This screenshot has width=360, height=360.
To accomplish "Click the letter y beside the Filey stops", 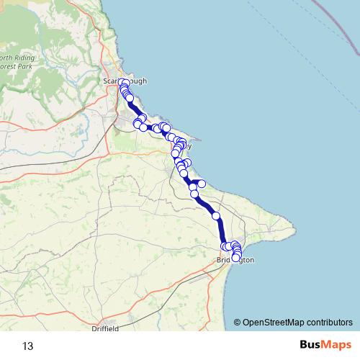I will click(189, 145).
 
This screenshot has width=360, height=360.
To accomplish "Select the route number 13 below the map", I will click(27, 346).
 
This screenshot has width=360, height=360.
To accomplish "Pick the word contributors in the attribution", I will click(332, 323).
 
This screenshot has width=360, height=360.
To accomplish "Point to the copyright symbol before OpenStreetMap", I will click(238, 323).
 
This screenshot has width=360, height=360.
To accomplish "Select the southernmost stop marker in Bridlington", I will click(235, 258).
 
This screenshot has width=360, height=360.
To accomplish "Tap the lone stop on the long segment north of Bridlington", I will click(215, 215).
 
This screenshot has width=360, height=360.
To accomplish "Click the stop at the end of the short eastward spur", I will click(202, 184).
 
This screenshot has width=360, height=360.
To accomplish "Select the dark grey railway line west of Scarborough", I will click(72, 152).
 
